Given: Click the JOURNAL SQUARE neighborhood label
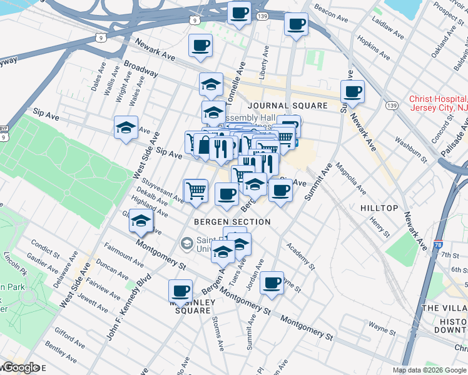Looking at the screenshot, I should (x=287, y=106).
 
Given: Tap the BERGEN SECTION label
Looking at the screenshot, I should (x=231, y=222).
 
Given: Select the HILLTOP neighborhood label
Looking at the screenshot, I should (x=379, y=207).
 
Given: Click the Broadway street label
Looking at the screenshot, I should (x=140, y=69).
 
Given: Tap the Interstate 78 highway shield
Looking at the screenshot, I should (x=437, y=246).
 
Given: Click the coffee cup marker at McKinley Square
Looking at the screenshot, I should (x=181, y=290).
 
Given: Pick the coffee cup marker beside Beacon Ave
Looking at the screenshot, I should (x=296, y=24).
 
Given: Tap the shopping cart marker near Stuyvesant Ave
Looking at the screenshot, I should (x=196, y=189).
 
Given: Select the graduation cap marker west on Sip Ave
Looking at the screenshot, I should (x=126, y=128).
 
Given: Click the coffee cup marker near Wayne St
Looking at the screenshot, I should (x=272, y=282).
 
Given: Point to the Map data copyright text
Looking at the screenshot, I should (x=429, y=369).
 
